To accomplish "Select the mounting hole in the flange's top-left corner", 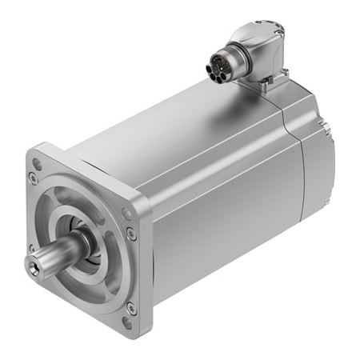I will coord(35,166).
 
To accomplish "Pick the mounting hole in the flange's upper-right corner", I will coord(126,214).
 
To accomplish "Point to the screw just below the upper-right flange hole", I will coord(131,234).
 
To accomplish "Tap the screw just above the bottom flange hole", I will coord(130,306).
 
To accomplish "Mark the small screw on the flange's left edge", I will coord(31,248).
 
